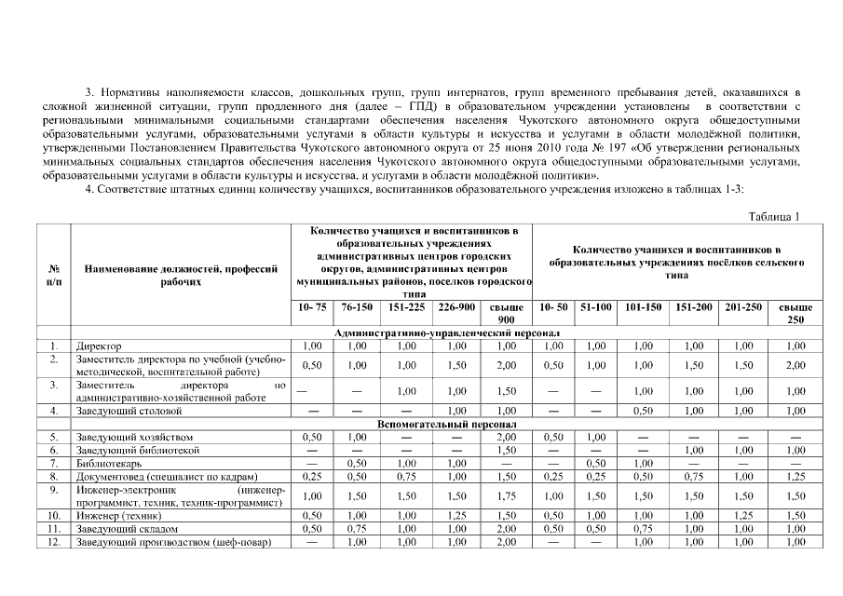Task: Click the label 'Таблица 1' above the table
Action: (774, 217)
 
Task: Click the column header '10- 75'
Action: (313, 305)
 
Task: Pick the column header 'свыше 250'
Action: (795, 312)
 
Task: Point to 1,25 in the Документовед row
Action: (795, 476)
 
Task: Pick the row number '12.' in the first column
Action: (54, 542)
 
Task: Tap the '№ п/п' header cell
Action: (54, 274)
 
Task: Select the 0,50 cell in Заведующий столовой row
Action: (646, 410)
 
